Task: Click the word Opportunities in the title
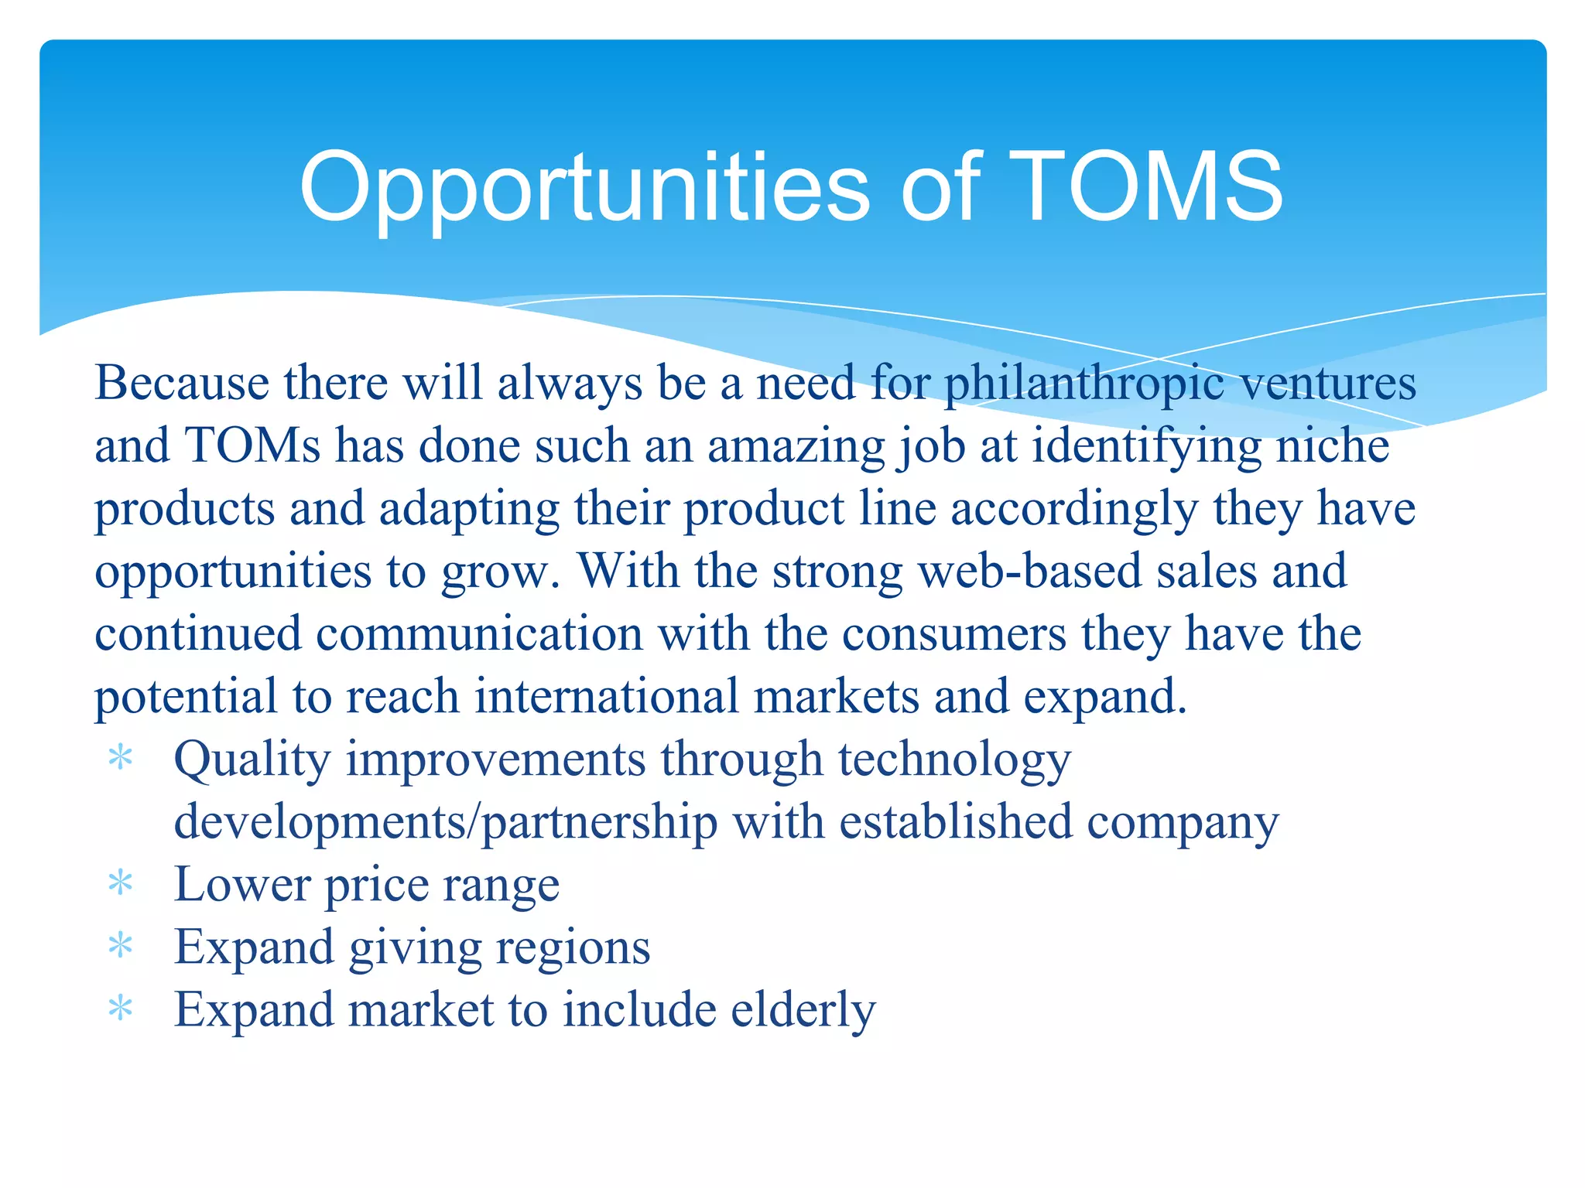click(584, 188)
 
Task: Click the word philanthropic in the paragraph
click(1084, 384)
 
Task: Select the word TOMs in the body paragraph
click(252, 446)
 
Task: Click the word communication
click(479, 634)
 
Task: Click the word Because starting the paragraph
click(182, 384)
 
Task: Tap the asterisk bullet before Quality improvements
click(121, 758)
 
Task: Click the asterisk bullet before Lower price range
click(121, 883)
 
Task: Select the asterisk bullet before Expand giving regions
click(121, 946)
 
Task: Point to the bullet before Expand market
click(121, 1009)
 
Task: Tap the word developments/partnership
click(446, 822)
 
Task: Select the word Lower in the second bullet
click(241, 885)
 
